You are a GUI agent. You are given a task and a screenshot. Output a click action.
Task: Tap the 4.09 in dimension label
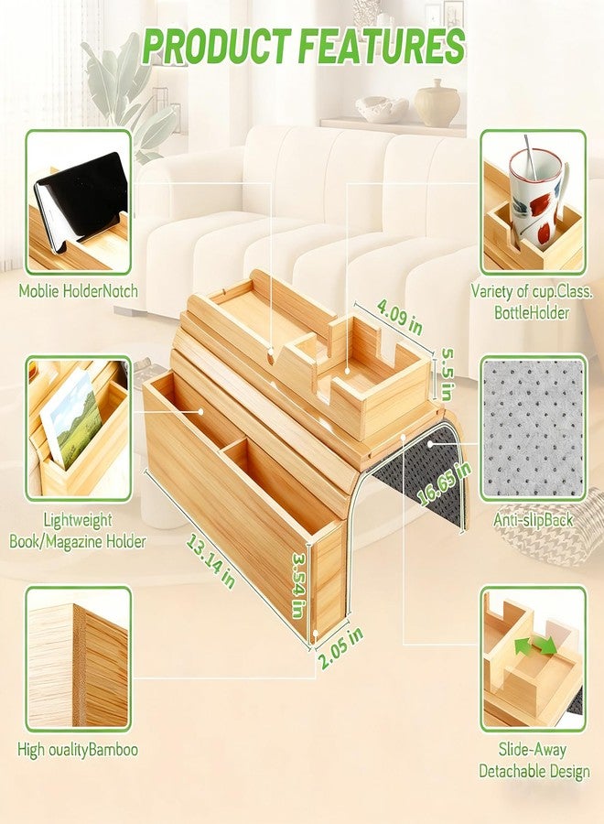(x=400, y=318)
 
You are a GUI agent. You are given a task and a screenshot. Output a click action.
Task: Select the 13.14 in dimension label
(x=210, y=561)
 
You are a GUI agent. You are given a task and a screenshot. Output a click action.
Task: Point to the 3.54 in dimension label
(x=299, y=584)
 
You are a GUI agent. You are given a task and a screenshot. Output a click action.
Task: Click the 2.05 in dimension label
(x=340, y=647)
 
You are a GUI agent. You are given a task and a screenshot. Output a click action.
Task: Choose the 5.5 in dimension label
(x=446, y=374)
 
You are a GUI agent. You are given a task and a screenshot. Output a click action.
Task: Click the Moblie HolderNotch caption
(x=79, y=290)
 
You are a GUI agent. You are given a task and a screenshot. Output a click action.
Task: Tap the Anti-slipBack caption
(x=534, y=520)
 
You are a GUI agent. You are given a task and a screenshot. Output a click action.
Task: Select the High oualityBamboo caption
(x=78, y=749)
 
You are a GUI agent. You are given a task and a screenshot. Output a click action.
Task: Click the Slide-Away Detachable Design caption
(x=534, y=760)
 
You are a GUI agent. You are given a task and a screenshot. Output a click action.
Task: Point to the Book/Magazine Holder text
(x=77, y=541)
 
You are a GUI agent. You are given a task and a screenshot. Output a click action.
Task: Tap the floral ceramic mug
(x=535, y=200)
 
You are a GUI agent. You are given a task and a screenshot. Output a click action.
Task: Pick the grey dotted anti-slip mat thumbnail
(x=534, y=428)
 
